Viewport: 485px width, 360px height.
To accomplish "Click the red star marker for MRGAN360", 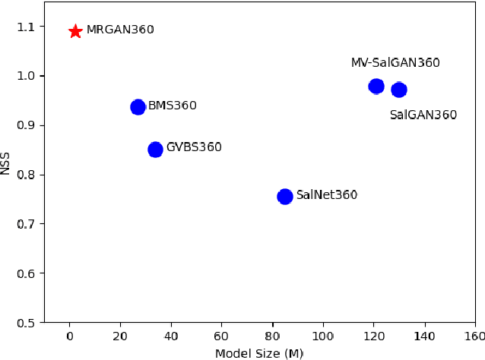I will click(x=75, y=31).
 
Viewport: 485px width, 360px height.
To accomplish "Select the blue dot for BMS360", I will click(x=138, y=107).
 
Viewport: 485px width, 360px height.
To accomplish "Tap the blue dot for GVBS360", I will click(x=155, y=150).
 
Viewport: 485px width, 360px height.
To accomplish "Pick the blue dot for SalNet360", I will click(x=285, y=197).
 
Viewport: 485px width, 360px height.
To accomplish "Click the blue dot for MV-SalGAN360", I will click(x=376, y=87).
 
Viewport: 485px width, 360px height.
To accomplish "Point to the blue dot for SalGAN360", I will click(x=399, y=90).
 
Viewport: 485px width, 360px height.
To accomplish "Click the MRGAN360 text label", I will click(x=120, y=30).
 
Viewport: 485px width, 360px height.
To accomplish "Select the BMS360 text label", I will click(x=172, y=106).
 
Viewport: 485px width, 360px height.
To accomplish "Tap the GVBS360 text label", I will click(x=194, y=147).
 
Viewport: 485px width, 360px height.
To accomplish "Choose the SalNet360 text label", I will click(x=326, y=195).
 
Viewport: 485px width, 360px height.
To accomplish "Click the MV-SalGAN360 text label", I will click(x=395, y=63).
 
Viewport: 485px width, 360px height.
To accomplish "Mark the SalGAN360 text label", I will click(x=423, y=115).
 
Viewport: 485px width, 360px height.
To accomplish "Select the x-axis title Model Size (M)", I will click(x=259, y=353).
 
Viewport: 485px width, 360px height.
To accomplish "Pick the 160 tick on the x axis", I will click(x=474, y=336).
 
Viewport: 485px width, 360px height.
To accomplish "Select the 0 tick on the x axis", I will click(x=70, y=336).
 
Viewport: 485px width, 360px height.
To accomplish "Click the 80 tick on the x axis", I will click(x=272, y=336).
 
